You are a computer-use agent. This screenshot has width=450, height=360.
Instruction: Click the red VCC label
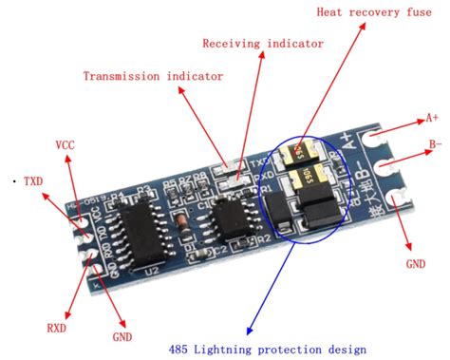[x=66, y=146]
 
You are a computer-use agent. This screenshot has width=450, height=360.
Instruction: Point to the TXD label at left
[x=31, y=180]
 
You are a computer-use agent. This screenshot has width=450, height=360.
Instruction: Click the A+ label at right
[x=432, y=118]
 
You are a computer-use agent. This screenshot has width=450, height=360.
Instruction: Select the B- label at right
[x=435, y=144]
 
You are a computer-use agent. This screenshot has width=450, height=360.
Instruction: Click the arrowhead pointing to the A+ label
[x=418, y=122]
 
